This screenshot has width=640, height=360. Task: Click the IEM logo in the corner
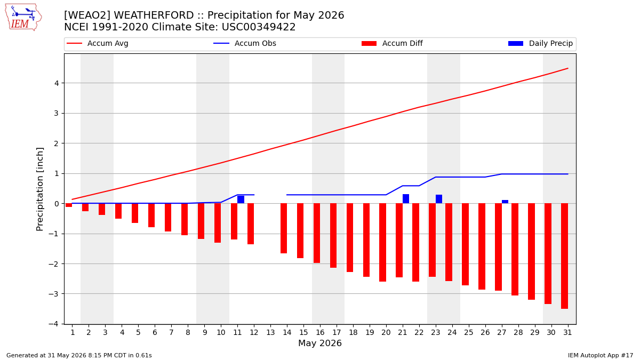coord(23,17)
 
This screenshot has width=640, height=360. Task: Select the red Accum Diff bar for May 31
coord(565,256)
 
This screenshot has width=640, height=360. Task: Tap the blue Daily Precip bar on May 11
coord(241,199)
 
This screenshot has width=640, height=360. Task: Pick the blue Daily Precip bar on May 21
coord(406,199)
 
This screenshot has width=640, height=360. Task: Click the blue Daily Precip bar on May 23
coord(439,199)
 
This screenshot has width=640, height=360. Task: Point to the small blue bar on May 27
coord(505,202)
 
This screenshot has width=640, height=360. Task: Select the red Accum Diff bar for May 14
coord(284,228)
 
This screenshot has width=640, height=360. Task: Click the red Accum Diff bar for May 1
coord(69,205)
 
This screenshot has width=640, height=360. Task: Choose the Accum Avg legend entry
coord(98,43)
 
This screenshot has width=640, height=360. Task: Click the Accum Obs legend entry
coord(245,43)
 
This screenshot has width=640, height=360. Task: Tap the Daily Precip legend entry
coord(541,43)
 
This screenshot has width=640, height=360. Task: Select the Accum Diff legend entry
coord(392,43)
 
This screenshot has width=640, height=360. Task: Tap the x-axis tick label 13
coord(270,333)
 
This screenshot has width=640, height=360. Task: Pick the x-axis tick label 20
coord(386,333)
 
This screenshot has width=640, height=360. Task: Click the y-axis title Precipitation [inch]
coord(39,189)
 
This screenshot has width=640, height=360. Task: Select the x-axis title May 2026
coord(320,343)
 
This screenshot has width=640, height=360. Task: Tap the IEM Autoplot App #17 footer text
coord(601,355)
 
